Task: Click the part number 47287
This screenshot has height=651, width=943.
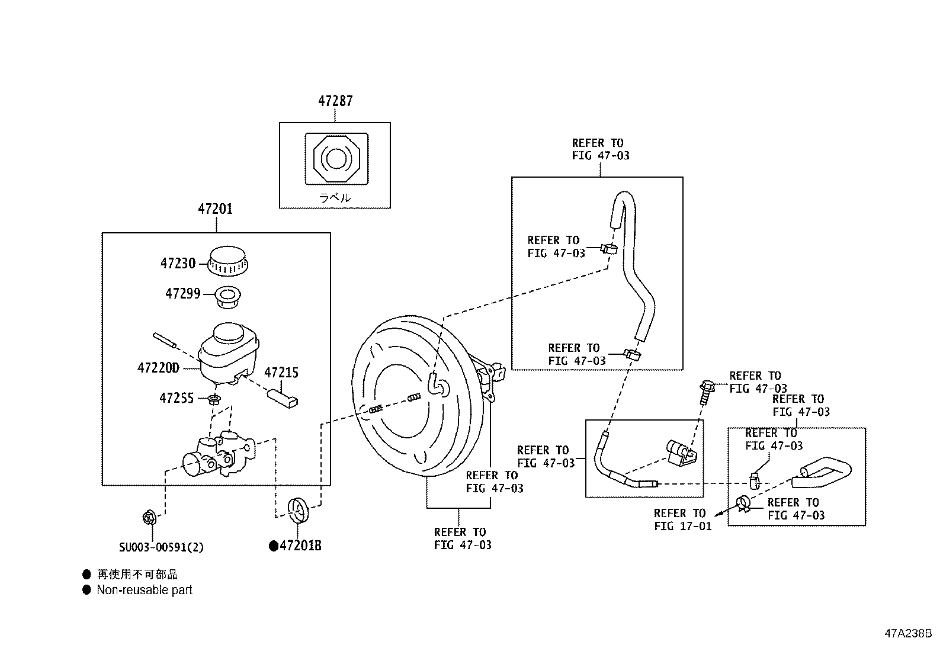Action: (335, 101)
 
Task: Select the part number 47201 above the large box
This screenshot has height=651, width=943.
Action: (215, 209)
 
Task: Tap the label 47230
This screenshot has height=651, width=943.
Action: (178, 264)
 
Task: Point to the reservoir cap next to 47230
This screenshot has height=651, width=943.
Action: (227, 261)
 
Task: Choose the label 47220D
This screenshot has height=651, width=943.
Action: (158, 368)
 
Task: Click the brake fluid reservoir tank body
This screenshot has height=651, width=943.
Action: (229, 354)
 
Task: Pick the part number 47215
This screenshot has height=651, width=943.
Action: (281, 373)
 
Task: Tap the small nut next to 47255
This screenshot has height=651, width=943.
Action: (214, 399)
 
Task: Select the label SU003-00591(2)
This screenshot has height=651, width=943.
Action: (161, 547)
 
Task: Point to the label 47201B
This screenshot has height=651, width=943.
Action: (296, 546)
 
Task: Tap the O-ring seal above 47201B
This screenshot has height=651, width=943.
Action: (298, 510)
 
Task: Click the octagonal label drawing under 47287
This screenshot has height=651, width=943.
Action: (336, 159)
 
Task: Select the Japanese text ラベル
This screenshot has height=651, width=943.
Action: (335, 197)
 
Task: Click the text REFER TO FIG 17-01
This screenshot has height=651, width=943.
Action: (683, 519)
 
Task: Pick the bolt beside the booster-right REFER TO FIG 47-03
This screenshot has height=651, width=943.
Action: (707, 391)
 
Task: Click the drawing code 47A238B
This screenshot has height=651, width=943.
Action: (908, 633)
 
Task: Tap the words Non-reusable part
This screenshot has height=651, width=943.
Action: (145, 590)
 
